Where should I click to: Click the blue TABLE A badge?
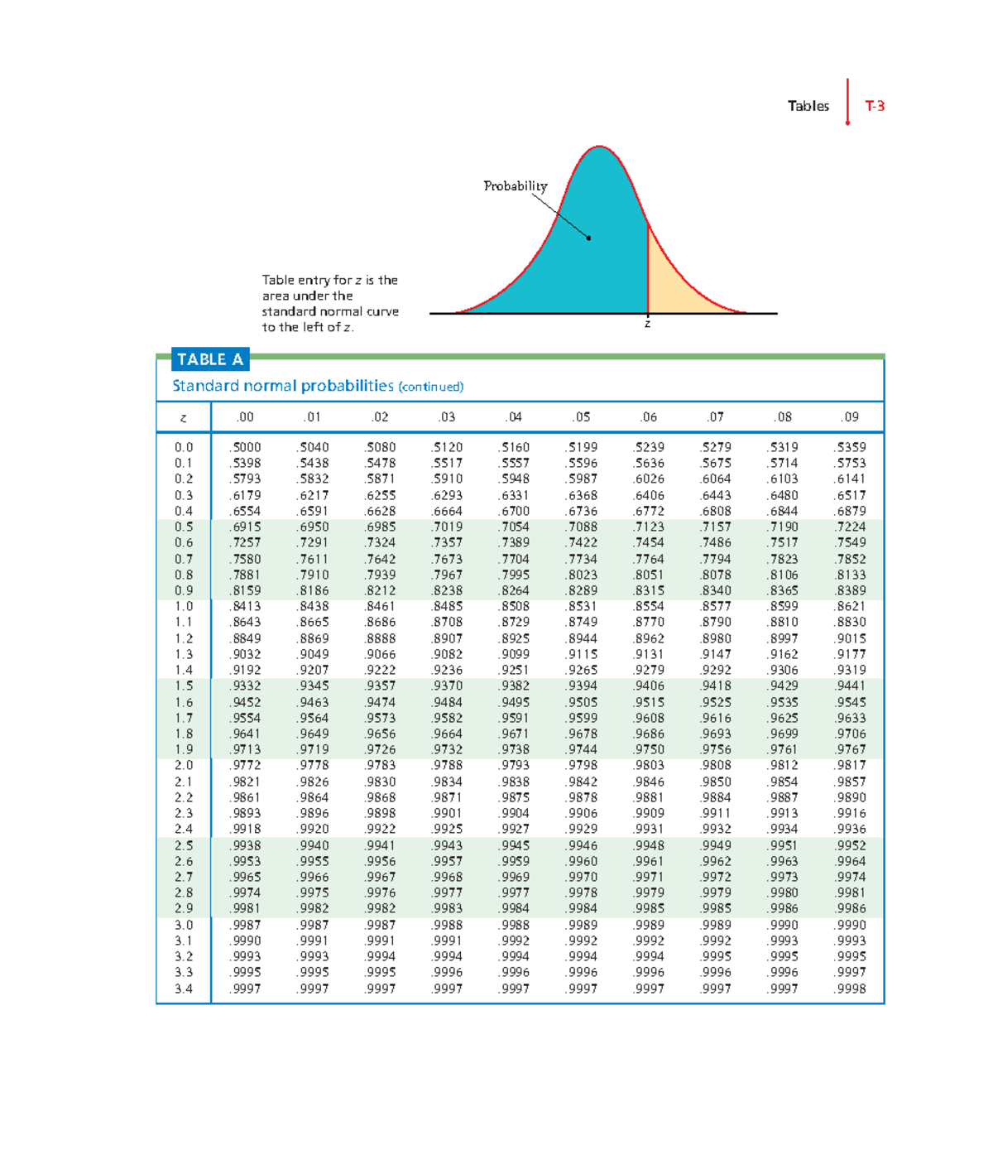(x=210, y=359)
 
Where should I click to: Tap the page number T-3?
(x=875, y=106)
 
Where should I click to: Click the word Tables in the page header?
(x=808, y=106)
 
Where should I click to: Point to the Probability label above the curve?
(x=515, y=185)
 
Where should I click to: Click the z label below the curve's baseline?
(x=647, y=324)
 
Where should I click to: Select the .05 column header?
(x=582, y=417)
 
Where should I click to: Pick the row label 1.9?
(x=184, y=749)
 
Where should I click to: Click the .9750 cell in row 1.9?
(x=649, y=749)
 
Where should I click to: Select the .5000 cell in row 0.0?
(x=246, y=447)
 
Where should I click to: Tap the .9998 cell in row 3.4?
(x=851, y=989)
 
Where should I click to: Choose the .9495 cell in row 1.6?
(x=515, y=702)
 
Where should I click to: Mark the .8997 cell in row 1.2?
(x=783, y=638)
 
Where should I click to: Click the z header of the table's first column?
(x=184, y=418)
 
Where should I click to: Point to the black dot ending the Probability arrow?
(x=589, y=238)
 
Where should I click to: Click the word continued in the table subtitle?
(x=430, y=387)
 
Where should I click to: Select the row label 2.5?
(x=184, y=845)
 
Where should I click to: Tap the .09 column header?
(x=850, y=417)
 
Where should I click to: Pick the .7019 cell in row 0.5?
(x=447, y=527)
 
